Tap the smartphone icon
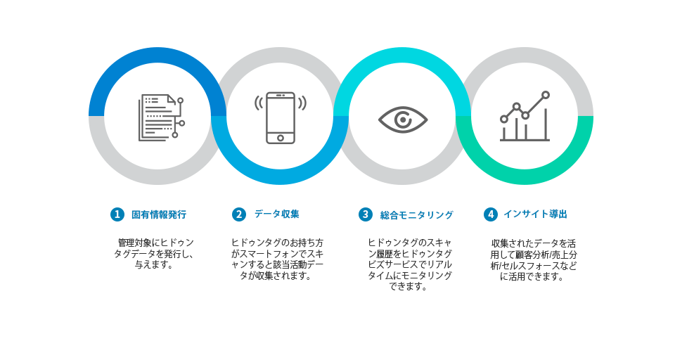coord(281,117)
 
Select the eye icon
coord(403,120)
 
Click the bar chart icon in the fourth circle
coord(525,116)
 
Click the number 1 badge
coord(117,214)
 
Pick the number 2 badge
coord(239,214)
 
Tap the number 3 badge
coord(366,214)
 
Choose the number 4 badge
coord(490,214)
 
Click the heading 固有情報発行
coord(159,214)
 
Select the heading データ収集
coord(277,214)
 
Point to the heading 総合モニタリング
coord(417,215)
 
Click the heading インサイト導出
coord(536,214)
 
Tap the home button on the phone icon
coord(281,138)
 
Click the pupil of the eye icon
coord(403,120)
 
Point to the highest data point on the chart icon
coord(546,95)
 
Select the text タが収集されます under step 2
coord(276,276)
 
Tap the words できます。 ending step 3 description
coord(408,287)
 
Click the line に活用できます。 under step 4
coord(532,277)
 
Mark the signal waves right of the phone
coord(302,103)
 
